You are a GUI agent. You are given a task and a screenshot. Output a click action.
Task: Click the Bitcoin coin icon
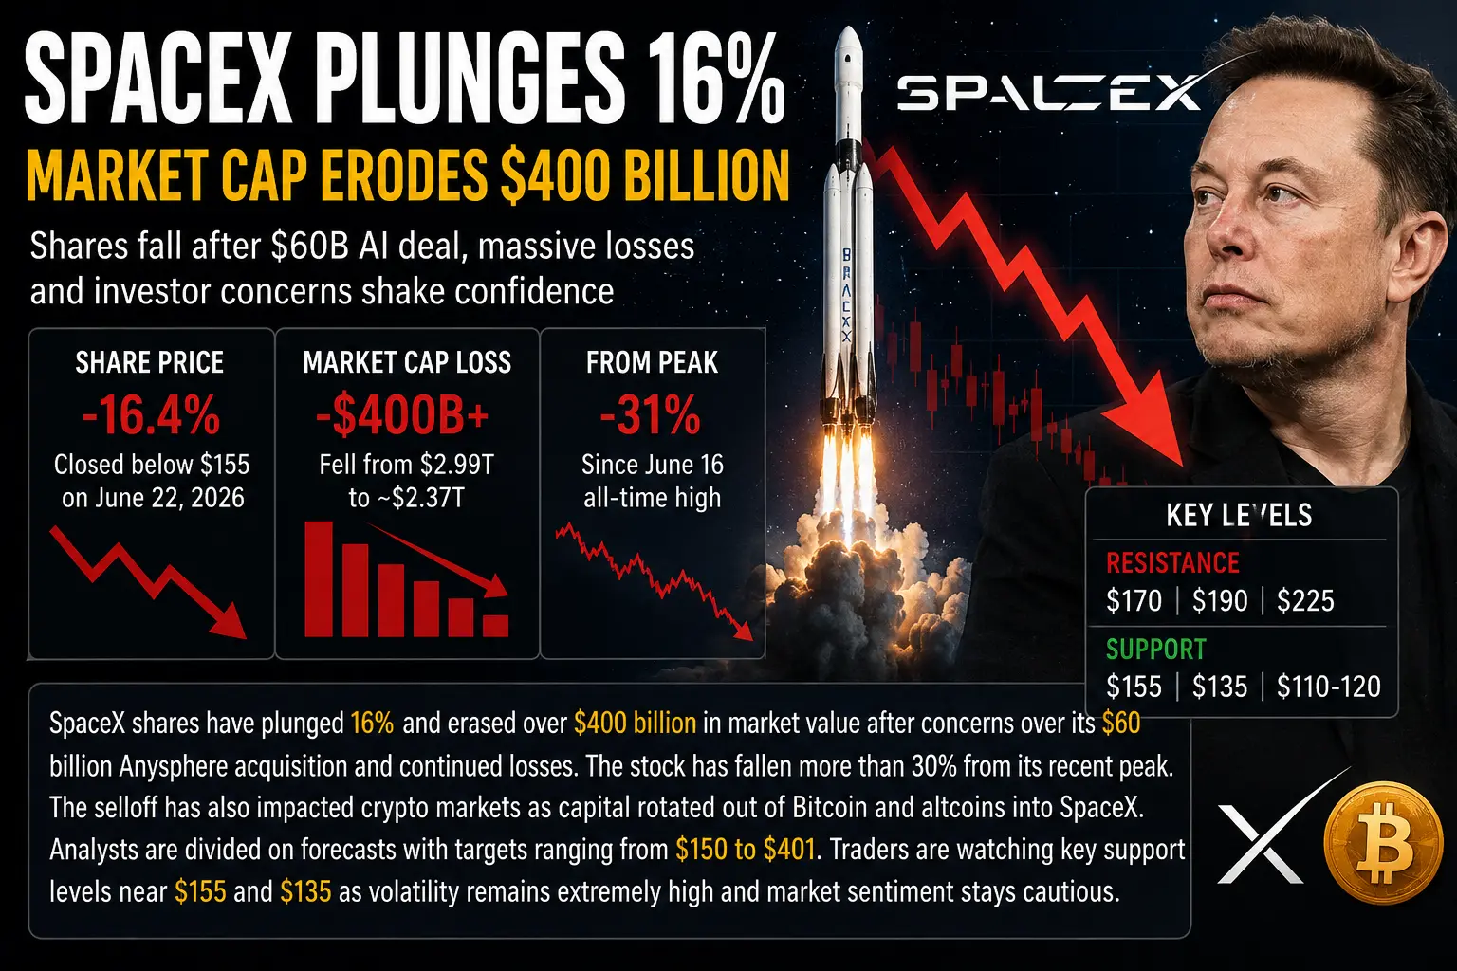pyautogui.click(x=1383, y=841)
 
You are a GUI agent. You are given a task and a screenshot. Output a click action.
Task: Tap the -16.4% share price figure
pyautogui.click(x=151, y=415)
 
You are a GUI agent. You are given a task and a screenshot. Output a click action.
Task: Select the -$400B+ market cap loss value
pyautogui.click(x=402, y=415)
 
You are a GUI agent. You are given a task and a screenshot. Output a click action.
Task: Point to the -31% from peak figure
pyautogui.click(x=651, y=415)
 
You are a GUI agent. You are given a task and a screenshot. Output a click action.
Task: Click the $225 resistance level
pyautogui.click(x=1305, y=600)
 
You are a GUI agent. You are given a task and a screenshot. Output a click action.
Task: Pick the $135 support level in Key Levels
pyautogui.click(x=1220, y=687)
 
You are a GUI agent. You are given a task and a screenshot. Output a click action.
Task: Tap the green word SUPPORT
pyautogui.click(x=1156, y=649)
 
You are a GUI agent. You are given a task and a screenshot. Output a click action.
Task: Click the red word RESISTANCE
pyautogui.click(x=1172, y=562)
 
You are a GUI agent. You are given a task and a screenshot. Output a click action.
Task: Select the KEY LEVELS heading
pyautogui.click(x=1239, y=515)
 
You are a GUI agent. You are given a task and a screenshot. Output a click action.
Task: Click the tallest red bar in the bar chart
pyautogui.click(x=319, y=578)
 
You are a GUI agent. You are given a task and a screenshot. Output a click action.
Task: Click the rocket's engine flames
pyautogui.click(x=847, y=475)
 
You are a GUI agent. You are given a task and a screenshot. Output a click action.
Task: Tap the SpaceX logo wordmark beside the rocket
pyautogui.click(x=1048, y=93)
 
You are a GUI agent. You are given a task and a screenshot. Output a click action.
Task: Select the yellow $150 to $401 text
pyautogui.click(x=745, y=850)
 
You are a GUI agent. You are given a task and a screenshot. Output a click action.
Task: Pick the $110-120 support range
pyautogui.click(x=1328, y=687)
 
